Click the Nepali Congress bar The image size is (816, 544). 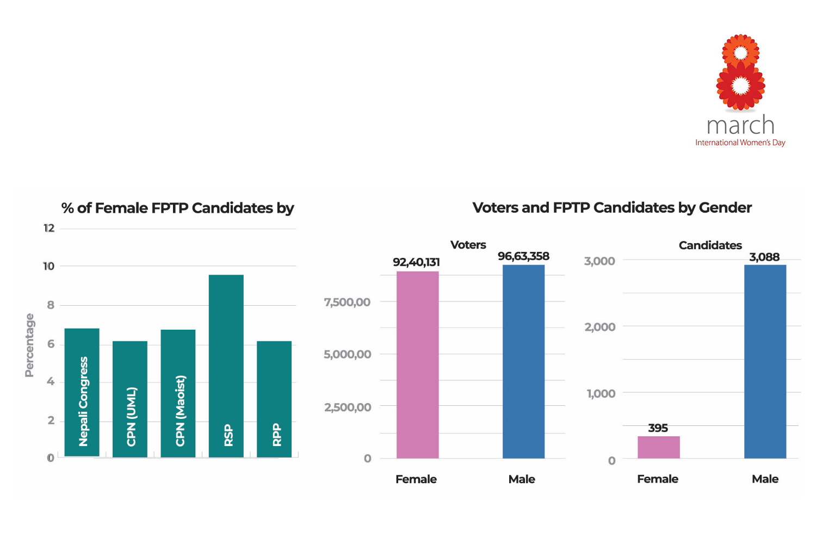point(82,392)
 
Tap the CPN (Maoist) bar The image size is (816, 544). point(178,393)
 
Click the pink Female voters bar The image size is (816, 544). point(417,364)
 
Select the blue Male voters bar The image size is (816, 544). point(523,361)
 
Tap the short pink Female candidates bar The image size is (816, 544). point(658,447)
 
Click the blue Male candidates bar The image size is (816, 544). point(765,361)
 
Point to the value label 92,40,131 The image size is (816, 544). point(416,262)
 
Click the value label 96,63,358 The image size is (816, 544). point(523,256)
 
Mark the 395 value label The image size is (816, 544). point(658,428)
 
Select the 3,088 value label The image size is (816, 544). point(764,257)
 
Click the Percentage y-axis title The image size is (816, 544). point(29,345)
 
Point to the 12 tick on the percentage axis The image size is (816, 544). point(49,228)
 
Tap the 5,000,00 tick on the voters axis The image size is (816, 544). point(347,354)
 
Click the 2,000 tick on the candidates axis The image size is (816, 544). point(599,327)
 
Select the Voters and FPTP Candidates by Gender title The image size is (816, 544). point(612,207)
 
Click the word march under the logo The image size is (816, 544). point(740,126)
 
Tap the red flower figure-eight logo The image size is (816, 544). point(740,72)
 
